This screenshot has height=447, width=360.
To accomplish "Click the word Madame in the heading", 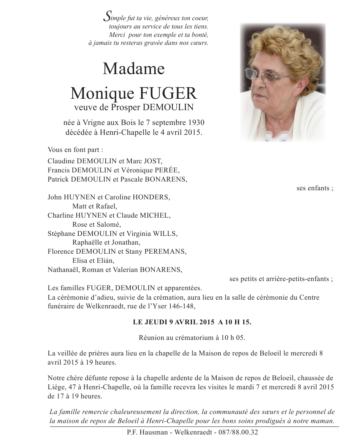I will (133, 69).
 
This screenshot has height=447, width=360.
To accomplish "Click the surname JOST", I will (152, 161).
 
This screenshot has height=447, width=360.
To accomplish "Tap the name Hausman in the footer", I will (155, 432).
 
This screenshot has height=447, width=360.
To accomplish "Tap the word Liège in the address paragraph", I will (57, 387).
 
